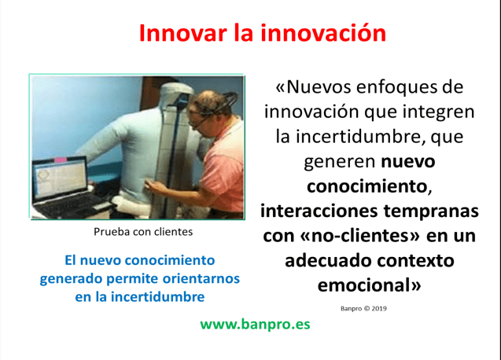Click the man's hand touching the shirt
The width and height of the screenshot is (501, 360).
pos(160,184)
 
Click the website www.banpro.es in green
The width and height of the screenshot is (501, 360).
pos(255,325)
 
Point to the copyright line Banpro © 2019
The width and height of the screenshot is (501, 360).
pos(363,308)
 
